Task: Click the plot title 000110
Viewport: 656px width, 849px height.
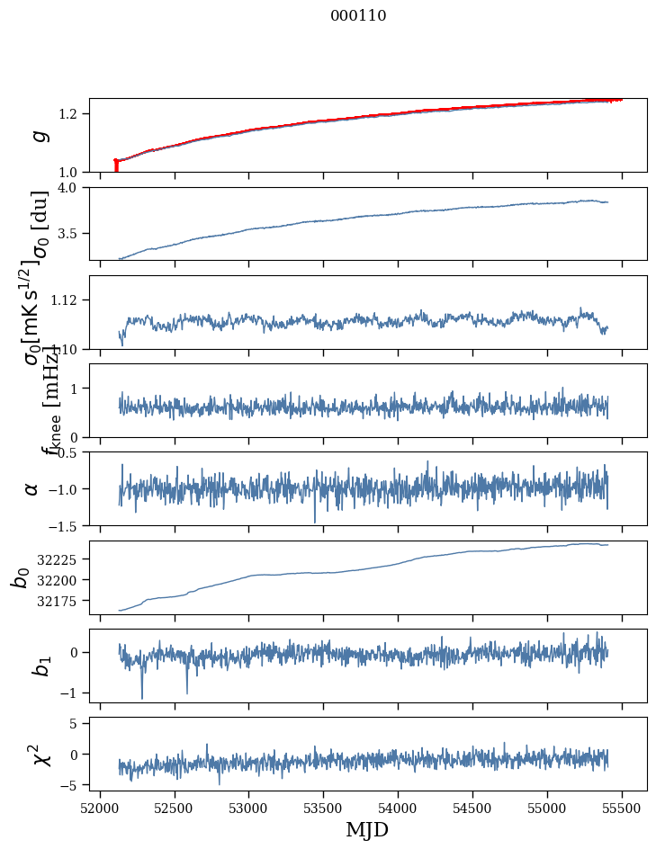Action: point(358,15)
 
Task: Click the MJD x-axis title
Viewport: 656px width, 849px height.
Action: point(367,829)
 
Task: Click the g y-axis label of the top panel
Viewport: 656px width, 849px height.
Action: point(38,135)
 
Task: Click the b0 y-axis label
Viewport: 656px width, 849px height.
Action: point(20,576)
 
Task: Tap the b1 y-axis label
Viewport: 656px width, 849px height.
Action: point(38,665)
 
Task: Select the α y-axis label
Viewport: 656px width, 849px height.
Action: point(32,488)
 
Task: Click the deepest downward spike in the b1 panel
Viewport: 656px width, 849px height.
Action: point(142,697)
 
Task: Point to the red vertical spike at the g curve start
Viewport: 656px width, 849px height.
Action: point(116,165)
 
